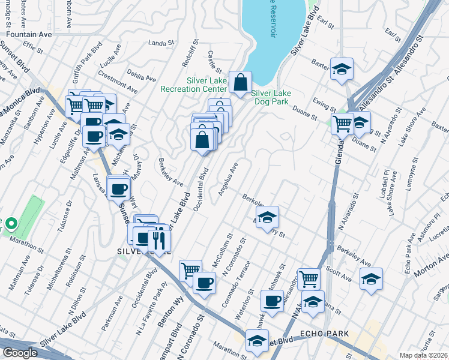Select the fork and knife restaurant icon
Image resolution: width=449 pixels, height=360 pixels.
pyautogui.click(x=159, y=240)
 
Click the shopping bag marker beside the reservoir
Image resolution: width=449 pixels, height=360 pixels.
pyautogui.click(x=240, y=83)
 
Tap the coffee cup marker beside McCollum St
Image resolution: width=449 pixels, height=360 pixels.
pyautogui.click(x=204, y=282)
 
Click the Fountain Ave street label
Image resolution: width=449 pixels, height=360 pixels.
pyautogui.click(x=30, y=35)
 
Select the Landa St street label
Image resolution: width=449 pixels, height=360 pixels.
pyautogui.click(x=160, y=43)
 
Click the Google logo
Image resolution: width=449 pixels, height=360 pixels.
pyautogui.click(x=20, y=353)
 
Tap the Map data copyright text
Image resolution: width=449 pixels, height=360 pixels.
pyautogui.click(x=424, y=355)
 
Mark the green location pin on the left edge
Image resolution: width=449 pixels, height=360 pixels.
pyautogui.click(x=10, y=226)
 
